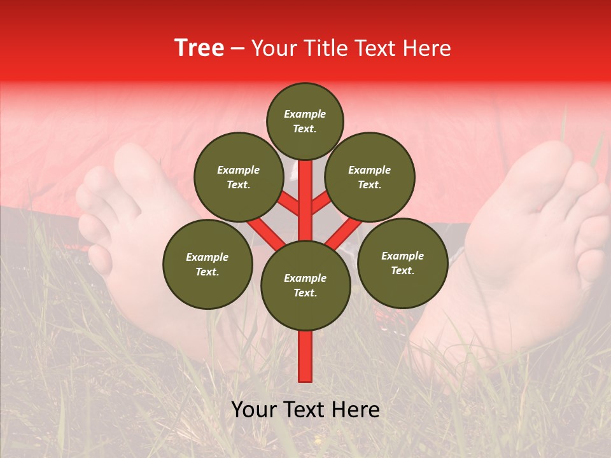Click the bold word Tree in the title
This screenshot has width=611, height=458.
click(199, 48)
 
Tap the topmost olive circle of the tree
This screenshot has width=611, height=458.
click(305, 121)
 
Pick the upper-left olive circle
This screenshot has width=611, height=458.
click(238, 177)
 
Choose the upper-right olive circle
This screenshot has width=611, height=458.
click(370, 177)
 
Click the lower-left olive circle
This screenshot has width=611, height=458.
click(207, 265)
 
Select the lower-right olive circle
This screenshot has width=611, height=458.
click(402, 263)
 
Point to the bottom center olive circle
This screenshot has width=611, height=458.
click(305, 286)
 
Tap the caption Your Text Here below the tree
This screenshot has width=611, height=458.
click(305, 410)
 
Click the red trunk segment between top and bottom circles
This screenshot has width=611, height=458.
click(305, 200)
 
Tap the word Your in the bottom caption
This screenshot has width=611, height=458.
click(255, 410)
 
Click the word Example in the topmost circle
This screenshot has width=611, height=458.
click(305, 114)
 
